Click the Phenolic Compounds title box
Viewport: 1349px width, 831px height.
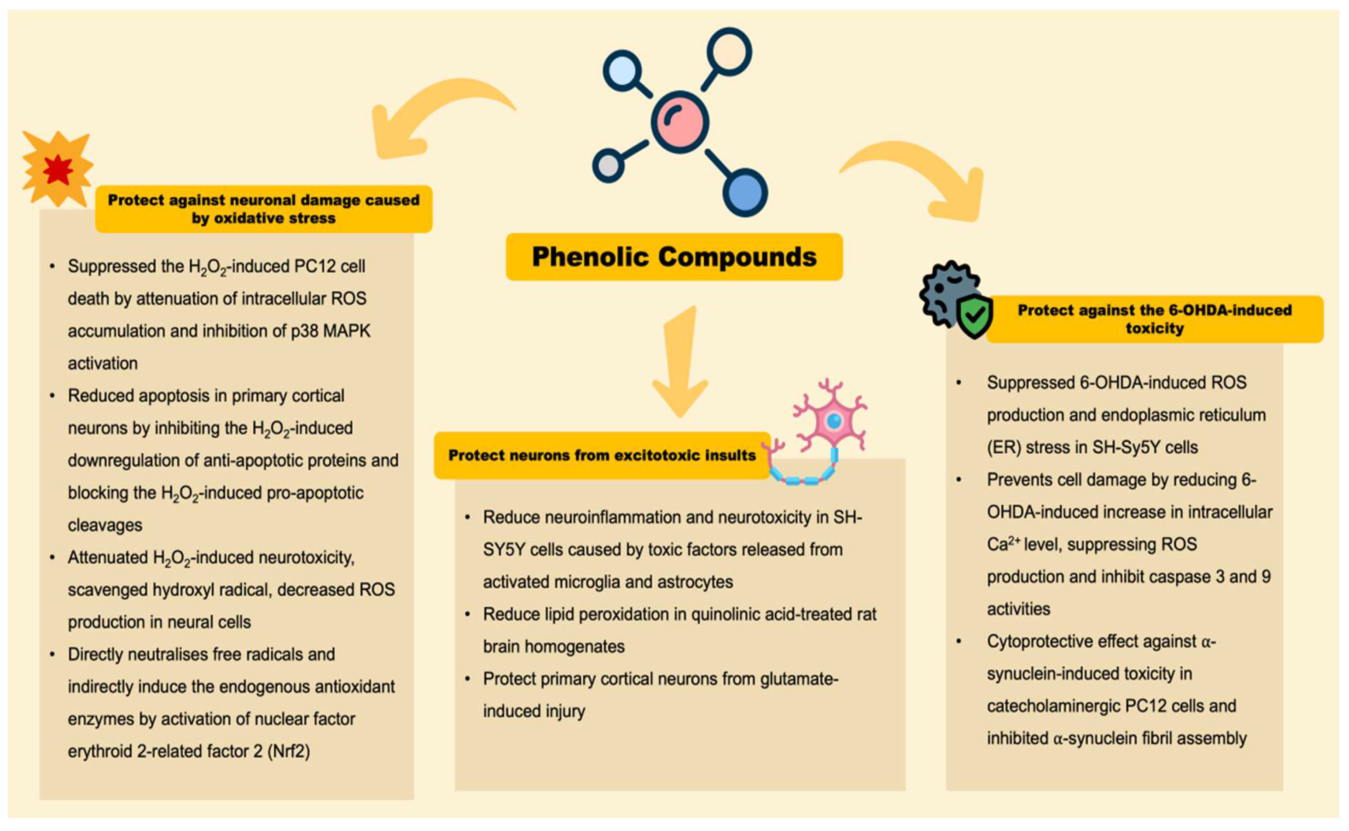[x=674, y=257]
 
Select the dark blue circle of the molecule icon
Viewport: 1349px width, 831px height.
[x=745, y=193]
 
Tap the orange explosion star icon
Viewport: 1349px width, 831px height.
[x=57, y=169]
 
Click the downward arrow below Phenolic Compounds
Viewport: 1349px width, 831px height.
[x=680, y=363]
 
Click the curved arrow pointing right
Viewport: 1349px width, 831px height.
[x=923, y=176]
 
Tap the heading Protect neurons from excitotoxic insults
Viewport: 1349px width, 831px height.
[x=602, y=455]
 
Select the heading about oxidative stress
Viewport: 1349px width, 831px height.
[x=263, y=209]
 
